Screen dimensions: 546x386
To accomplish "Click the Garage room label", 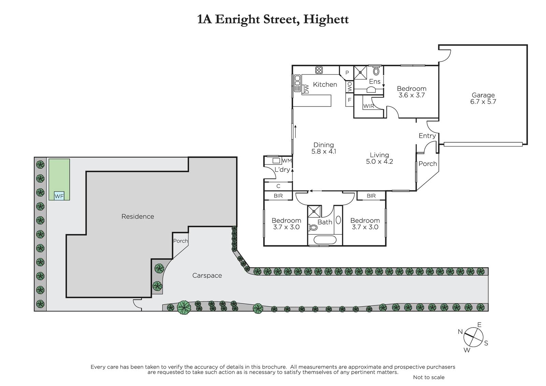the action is coord(483,95).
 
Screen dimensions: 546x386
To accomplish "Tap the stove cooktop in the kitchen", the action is coord(319,70).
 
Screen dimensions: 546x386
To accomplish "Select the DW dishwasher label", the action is coord(307,89).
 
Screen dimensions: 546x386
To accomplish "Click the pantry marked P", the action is coord(347,72).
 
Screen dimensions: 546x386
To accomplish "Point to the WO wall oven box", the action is coord(350,87).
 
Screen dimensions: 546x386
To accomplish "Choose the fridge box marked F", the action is coord(349,100).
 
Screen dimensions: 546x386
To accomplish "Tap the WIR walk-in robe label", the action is coord(369,106).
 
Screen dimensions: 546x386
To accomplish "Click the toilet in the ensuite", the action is coord(376,71).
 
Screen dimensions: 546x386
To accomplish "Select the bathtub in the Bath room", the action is coord(325,240).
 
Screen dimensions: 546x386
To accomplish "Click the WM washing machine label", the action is coord(287,161).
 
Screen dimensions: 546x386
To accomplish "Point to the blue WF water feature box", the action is coord(59,196).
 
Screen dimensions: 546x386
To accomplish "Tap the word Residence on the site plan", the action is coord(138,216).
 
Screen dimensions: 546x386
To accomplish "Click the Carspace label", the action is coord(207,275).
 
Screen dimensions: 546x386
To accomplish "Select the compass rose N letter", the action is coord(460,332).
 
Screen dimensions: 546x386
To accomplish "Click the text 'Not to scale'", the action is coord(429,377).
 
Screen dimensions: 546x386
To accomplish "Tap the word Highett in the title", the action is coord(326,19).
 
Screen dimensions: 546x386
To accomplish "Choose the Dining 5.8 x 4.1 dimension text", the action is coord(324,152).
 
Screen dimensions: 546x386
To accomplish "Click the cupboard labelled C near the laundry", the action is coord(278,186).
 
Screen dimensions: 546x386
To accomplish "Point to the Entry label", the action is coord(427,136).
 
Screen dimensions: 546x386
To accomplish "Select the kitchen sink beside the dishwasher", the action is coord(297,83).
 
